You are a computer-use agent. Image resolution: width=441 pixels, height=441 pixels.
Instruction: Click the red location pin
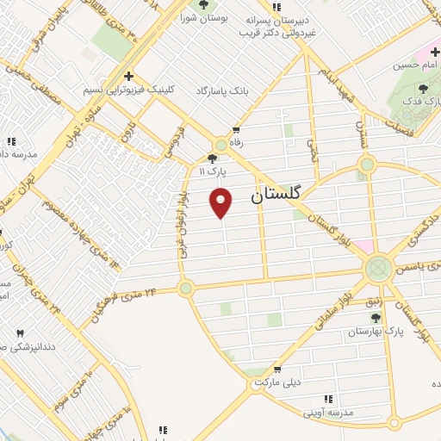(222, 202)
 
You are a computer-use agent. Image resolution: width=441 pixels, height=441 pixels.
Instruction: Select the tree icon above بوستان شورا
(203, 4)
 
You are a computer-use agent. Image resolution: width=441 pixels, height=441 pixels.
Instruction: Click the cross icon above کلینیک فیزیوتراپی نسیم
(127, 76)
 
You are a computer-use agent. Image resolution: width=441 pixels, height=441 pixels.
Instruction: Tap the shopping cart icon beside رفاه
(235, 130)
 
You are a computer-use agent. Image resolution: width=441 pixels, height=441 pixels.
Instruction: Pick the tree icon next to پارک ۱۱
(212, 158)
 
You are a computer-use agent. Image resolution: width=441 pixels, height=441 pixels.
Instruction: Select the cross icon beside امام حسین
(436, 53)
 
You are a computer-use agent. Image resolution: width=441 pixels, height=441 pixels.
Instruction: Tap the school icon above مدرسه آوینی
(327, 399)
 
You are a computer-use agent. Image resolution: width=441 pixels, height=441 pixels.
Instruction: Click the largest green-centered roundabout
(376, 268)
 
